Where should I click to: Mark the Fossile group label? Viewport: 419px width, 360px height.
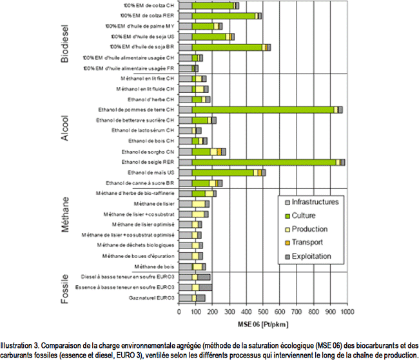[x=64, y=287]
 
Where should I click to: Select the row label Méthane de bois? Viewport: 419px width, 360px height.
[x=154, y=266]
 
